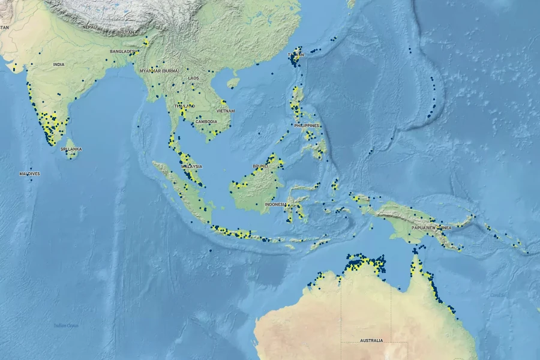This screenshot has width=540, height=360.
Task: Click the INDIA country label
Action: point(59,64)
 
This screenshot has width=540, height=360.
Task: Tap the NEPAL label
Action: point(89,27)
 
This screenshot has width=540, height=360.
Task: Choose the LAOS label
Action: point(193,78)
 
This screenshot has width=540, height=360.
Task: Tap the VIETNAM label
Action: point(226,111)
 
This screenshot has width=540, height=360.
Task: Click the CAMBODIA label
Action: point(206,122)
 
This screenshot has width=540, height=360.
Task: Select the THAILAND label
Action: point(185,106)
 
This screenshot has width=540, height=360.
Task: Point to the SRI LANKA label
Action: point(74,149)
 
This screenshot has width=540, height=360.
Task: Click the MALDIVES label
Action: point(29,173)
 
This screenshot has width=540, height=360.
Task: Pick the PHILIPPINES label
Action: point(308,125)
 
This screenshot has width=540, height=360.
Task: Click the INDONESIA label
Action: point(276,204)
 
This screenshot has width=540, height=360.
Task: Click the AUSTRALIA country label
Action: point(371,341)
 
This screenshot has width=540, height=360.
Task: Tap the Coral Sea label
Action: point(497,295)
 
